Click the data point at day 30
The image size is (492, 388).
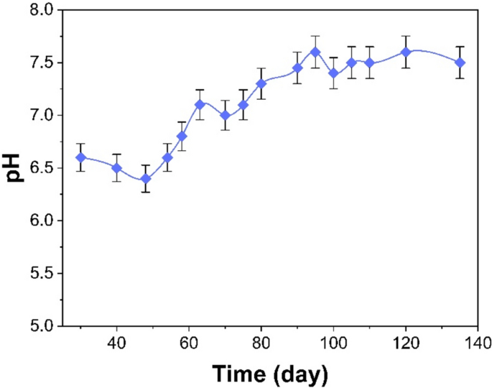click(x=80, y=157)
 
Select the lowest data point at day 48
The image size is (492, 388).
click(x=146, y=179)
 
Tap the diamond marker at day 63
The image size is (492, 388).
click(x=200, y=105)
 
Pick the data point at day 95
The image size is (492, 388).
click(x=315, y=52)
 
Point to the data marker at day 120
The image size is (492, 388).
click(x=406, y=52)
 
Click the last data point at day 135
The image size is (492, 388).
click(x=460, y=63)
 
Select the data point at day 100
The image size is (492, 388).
click(x=333, y=73)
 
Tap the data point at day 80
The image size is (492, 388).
click(x=261, y=83)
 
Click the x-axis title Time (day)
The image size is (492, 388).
click(x=270, y=374)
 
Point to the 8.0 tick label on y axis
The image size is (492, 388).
click(x=42, y=10)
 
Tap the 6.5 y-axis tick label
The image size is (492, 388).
click(x=42, y=168)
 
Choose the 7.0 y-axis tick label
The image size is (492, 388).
click(x=42, y=115)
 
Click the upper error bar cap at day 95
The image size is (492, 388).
click(x=315, y=36)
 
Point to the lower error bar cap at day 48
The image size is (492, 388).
click(x=146, y=192)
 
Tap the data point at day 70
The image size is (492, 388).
click(x=225, y=115)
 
